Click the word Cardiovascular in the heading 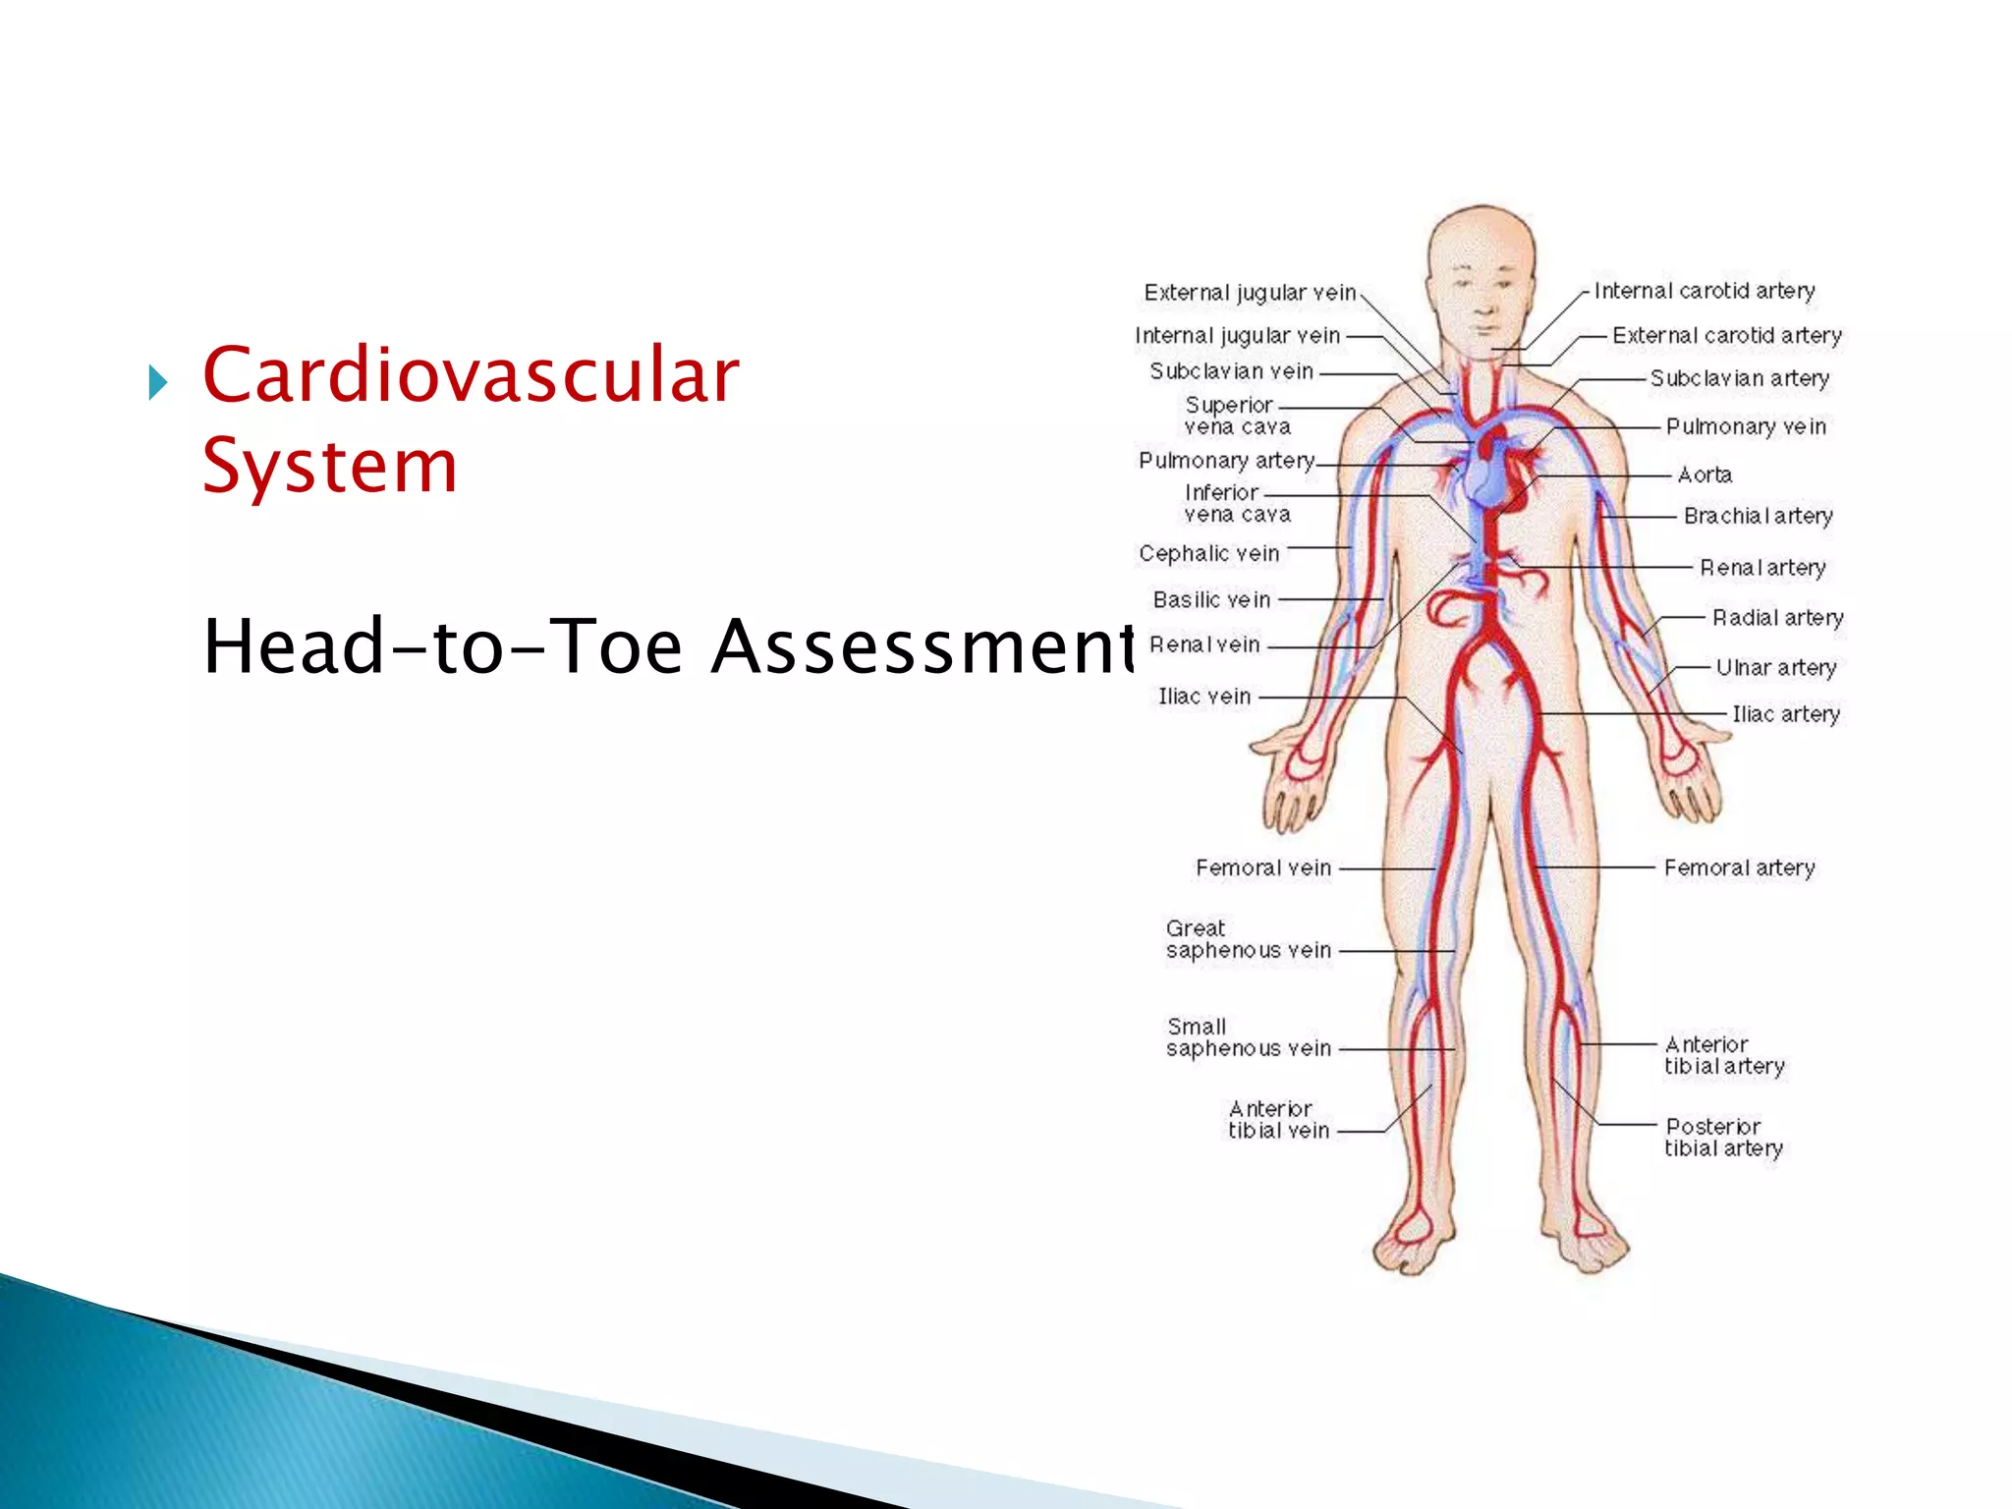coord(470,376)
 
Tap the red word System coord(330,466)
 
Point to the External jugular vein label coord(1249,293)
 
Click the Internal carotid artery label coord(1704,291)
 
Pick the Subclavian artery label coord(1739,378)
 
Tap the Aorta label coord(1705,475)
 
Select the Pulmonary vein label coord(1745,426)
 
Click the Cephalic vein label coord(1208,553)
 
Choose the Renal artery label coord(1762,568)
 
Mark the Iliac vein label coord(1204,697)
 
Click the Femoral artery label coord(1739,867)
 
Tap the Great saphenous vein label coord(1248,939)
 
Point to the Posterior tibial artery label coord(1723,1138)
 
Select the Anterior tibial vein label coord(1278,1120)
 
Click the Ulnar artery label coord(1775,668)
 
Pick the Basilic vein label coord(1211,599)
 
